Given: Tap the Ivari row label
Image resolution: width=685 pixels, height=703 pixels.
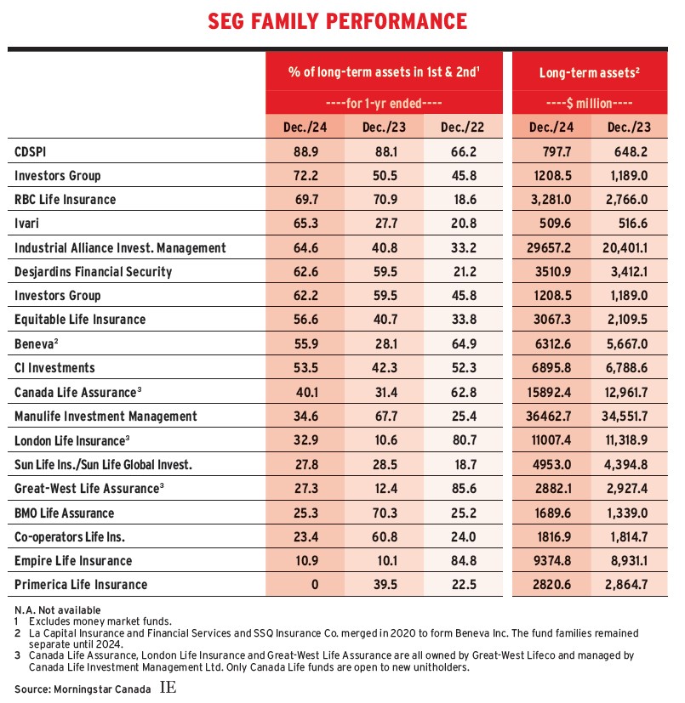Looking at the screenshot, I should [27, 224].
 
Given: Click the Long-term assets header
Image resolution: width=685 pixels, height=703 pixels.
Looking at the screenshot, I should [590, 73].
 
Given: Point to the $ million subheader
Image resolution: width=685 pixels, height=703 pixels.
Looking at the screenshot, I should [590, 104].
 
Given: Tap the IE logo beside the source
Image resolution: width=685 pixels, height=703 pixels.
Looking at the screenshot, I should [168, 686].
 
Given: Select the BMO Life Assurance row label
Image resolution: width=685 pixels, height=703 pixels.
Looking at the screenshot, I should [64, 513].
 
